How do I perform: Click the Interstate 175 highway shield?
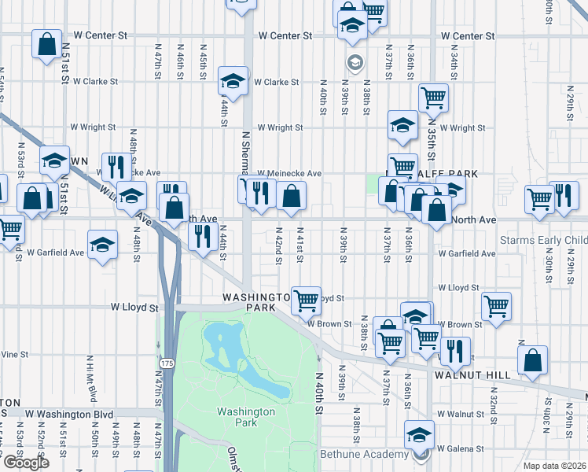coord(166,363)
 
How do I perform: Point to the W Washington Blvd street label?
coord(69,414)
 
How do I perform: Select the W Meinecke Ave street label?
coord(284,173)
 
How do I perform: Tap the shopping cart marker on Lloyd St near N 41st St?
coord(306,300)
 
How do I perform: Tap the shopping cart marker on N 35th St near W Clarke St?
coord(433,98)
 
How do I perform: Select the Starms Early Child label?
coord(544,239)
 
